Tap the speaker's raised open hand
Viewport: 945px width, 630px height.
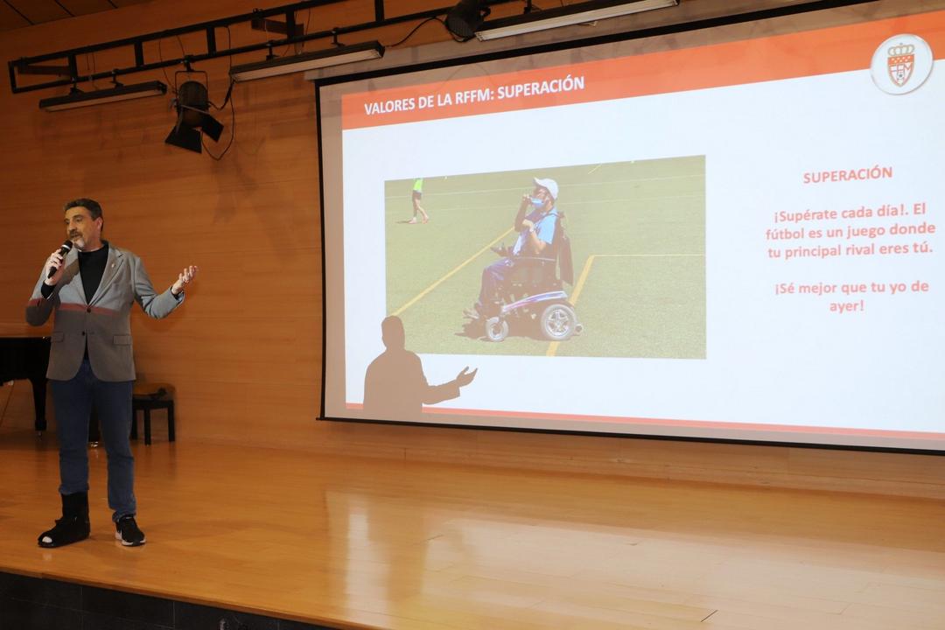[x=185, y=278]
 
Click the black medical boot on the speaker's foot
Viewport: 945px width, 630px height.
[x=66, y=521]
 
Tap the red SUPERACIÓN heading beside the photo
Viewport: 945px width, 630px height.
[x=847, y=175]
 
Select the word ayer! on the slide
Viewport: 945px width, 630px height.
[x=847, y=306]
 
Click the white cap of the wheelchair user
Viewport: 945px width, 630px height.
[x=547, y=186]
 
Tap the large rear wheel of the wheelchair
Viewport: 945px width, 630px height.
[x=558, y=321]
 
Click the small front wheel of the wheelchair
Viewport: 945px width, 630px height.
[x=497, y=329]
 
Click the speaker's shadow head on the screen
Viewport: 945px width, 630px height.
[x=393, y=332]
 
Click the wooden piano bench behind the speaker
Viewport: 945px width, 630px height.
[x=153, y=410]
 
